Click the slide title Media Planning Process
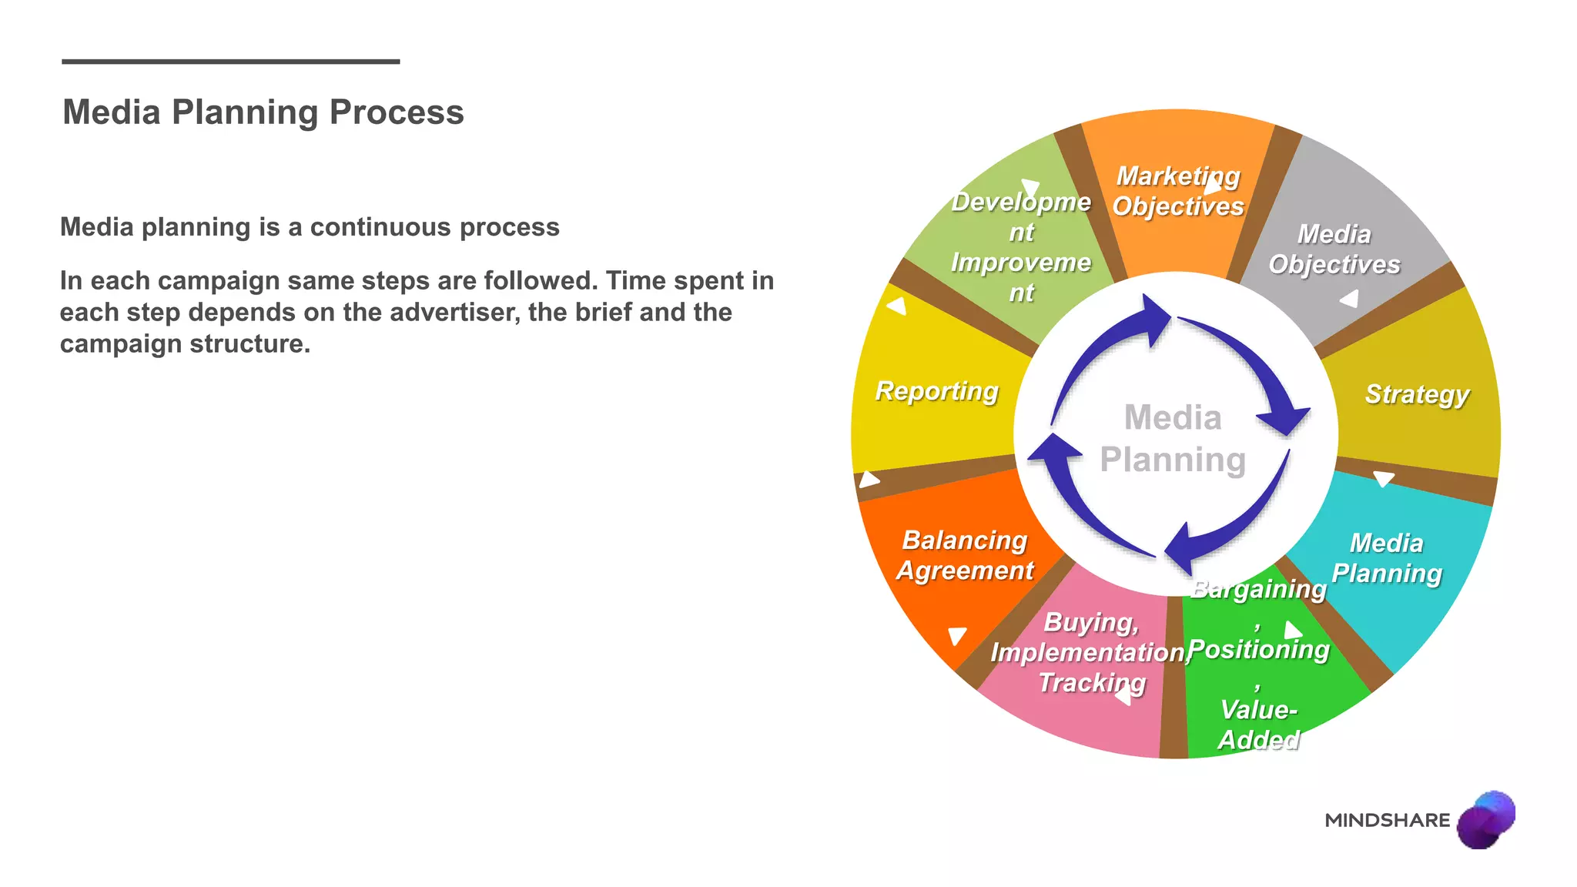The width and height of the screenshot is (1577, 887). (x=263, y=112)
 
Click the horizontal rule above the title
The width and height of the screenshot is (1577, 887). (x=230, y=62)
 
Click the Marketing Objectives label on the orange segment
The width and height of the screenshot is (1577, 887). (x=1177, y=191)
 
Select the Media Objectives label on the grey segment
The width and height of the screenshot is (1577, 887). (x=1334, y=249)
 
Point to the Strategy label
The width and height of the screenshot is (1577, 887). (x=1417, y=393)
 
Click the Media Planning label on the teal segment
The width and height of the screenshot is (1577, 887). (x=1386, y=558)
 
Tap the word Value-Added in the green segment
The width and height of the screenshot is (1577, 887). (x=1258, y=724)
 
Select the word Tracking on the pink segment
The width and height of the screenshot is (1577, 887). (x=1092, y=682)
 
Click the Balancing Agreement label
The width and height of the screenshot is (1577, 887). (x=964, y=555)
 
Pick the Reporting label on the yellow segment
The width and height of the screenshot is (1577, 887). (x=936, y=391)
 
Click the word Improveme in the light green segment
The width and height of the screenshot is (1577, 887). (x=1020, y=263)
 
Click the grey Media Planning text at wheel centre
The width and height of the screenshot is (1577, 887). (x=1172, y=439)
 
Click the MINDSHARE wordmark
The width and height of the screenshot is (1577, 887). (x=1387, y=820)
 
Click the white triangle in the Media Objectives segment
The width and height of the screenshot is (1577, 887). (x=1350, y=299)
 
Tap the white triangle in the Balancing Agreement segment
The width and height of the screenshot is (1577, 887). (x=956, y=635)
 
